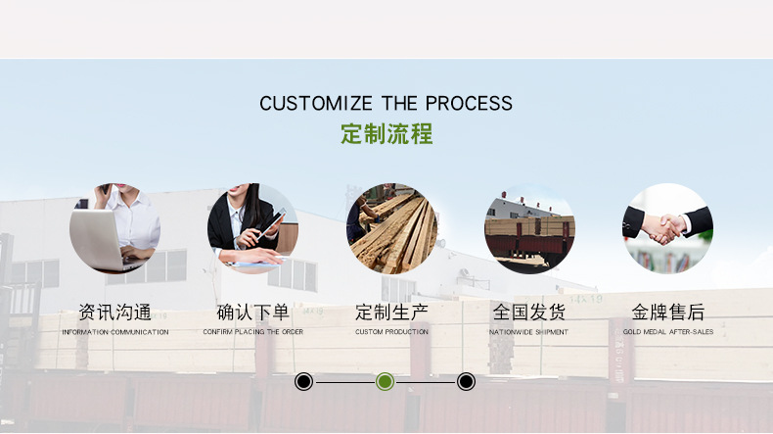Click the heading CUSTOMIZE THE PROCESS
pyautogui.click(x=386, y=103)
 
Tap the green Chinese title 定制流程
pyautogui.click(x=386, y=134)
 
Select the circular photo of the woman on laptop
pyautogui.click(x=114, y=228)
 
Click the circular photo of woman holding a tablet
pyautogui.click(x=252, y=228)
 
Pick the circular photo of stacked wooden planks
pyautogui.click(x=391, y=228)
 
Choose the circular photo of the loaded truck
pyautogui.click(x=529, y=228)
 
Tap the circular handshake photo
pyautogui.click(x=668, y=228)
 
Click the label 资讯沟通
pyautogui.click(x=114, y=313)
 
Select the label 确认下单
pyautogui.click(x=252, y=313)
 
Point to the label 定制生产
pyautogui.click(x=391, y=313)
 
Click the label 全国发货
pyautogui.click(x=529, y=313)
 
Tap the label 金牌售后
pyautogui.click(x=668, y=313)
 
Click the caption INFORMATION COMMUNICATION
pyautogui.click(x=114, y=332)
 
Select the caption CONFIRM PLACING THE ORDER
pyautogui.click(x=252, y=332)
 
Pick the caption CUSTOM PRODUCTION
pyautogui.click(x=391, y=332)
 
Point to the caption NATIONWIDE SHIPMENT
pyautogui.click(x=529, y=332)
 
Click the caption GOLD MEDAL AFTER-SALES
pyautogui.click(x=668, y=332)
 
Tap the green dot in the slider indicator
pyautogui.click(x=386, y=381)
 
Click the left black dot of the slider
pyautogui.click(x=304, y=381)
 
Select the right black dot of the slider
pyautogui.click(x=467, y=381)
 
